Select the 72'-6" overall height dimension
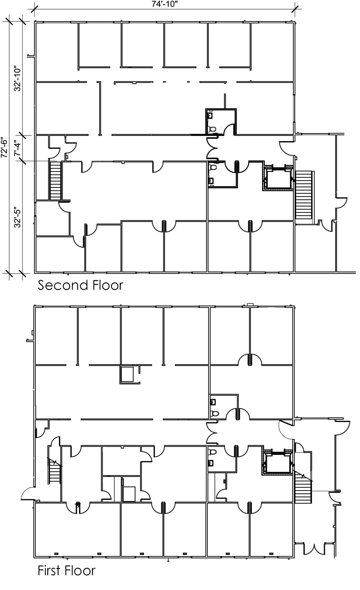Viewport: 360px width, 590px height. pos(4,147)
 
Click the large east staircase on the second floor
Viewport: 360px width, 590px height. pos(304,195)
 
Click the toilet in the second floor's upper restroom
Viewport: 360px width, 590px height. pos(212,129)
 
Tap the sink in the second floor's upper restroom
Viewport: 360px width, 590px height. pos(210,116)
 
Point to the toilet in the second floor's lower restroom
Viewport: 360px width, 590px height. pos(213,167)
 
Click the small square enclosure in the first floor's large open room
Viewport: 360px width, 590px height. pos(127,374)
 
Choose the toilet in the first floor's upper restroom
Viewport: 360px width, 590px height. pos(214,413)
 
